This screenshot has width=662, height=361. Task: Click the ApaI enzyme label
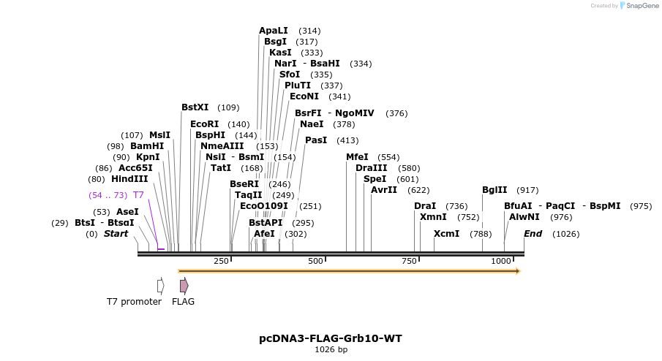coord(273,31)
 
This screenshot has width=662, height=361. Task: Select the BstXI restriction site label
coord(195,107)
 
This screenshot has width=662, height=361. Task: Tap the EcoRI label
coord(204,124)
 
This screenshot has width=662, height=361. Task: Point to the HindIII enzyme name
coord(129,179)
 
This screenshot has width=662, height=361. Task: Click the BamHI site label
coord(147,146)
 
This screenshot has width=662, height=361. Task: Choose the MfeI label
coord(357,157)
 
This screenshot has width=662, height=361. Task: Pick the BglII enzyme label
coord(494,190)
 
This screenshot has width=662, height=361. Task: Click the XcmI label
coord(446,234)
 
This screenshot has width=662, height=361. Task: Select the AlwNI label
coord(524,217)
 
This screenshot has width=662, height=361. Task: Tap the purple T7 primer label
coord(138,195)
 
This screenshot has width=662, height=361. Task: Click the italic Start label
coord(116,234)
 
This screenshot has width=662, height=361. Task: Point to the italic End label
coord(533,234)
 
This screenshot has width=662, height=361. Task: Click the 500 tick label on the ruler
coord(315,261)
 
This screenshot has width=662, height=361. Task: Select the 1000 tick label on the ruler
coord(502,261)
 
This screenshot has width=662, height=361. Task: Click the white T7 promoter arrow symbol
coord(160,285)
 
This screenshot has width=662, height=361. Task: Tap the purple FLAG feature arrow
coord(184,285)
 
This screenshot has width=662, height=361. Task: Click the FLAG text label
coord(183,301)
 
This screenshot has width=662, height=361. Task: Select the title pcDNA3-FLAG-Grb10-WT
coord(331,338)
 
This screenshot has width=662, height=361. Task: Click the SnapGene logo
coord(639,6)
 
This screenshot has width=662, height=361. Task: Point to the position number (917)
coord(527,190)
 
